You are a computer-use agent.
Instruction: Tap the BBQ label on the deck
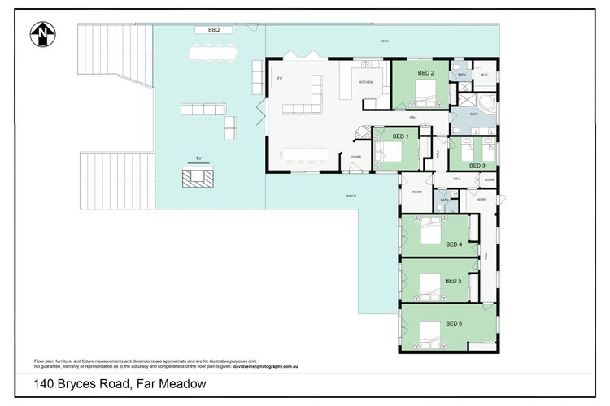click(214, 30)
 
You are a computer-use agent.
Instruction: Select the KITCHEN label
click(367, 82)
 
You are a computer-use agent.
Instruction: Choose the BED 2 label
click(426, 73)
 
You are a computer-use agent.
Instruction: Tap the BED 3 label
click(477, 165)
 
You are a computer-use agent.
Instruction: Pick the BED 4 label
click(454, 244)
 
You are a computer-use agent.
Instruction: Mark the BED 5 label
click(453, 281)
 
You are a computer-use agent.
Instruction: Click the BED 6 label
click(454, 323)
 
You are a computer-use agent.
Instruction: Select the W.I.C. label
click(484, 75)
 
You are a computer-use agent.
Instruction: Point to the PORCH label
click(351, 196)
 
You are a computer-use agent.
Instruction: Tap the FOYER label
click(355, 156)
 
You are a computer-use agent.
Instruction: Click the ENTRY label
click(481, 200)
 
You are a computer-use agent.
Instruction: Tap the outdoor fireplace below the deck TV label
click(196, 177)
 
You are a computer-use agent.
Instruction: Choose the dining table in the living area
click(304, 153)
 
